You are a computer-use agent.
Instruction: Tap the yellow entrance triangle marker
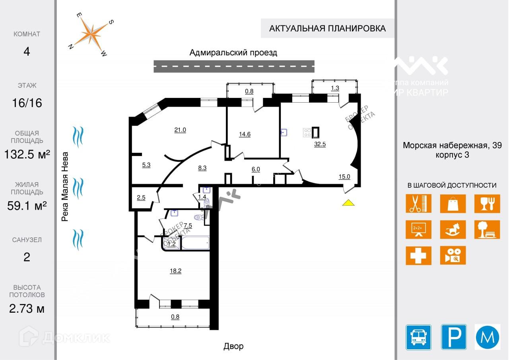coord(348,202)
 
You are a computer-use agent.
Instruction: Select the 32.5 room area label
coord(320,144)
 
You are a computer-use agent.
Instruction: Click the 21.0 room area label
coord(180,130)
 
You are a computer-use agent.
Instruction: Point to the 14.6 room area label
coord(245,134)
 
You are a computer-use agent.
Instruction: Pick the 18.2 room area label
coord(176,271)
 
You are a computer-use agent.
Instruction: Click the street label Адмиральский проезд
coord(233,53)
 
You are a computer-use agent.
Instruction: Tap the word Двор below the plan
coord(233,346)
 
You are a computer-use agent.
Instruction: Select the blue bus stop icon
coord(418,337)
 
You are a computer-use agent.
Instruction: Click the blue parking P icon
coord(454,337)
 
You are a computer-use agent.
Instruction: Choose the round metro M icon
coord(488,337)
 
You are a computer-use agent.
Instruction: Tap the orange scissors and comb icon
coord(418,203)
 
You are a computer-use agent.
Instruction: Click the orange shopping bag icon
coord(453,203)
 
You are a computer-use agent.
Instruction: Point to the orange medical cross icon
coord(418,255)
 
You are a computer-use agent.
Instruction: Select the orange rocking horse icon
coord(453,230)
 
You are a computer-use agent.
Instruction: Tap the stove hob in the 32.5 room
coord(307,132)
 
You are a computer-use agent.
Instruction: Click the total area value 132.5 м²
coord(27,154)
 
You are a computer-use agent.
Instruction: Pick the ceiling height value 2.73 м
coord(27,308)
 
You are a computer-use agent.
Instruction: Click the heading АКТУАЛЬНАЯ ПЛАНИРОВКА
coord(327,28)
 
